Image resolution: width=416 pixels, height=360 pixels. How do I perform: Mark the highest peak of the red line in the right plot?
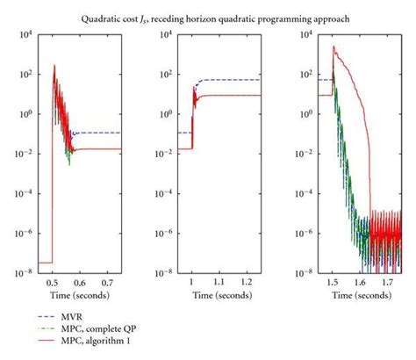[334, 47]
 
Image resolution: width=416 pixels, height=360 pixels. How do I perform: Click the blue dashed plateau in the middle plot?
[233, 80]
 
